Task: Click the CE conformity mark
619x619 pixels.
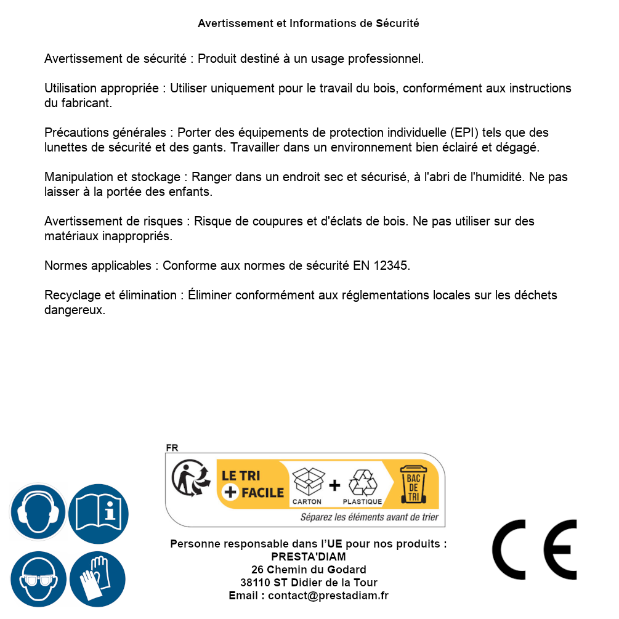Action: point(534,549)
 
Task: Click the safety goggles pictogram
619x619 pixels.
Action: point(38,580)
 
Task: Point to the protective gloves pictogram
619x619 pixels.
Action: point(97,580)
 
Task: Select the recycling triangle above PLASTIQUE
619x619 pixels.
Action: point(362,483)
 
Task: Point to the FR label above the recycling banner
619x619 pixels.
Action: point(172,448)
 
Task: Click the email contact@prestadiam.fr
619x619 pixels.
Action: point(328,596)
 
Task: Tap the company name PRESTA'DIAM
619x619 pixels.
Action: point(309,557)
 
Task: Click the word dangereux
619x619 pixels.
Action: point(75,310)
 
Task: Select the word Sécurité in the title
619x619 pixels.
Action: point(397,23)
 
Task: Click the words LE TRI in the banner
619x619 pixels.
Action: point(240,476)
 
